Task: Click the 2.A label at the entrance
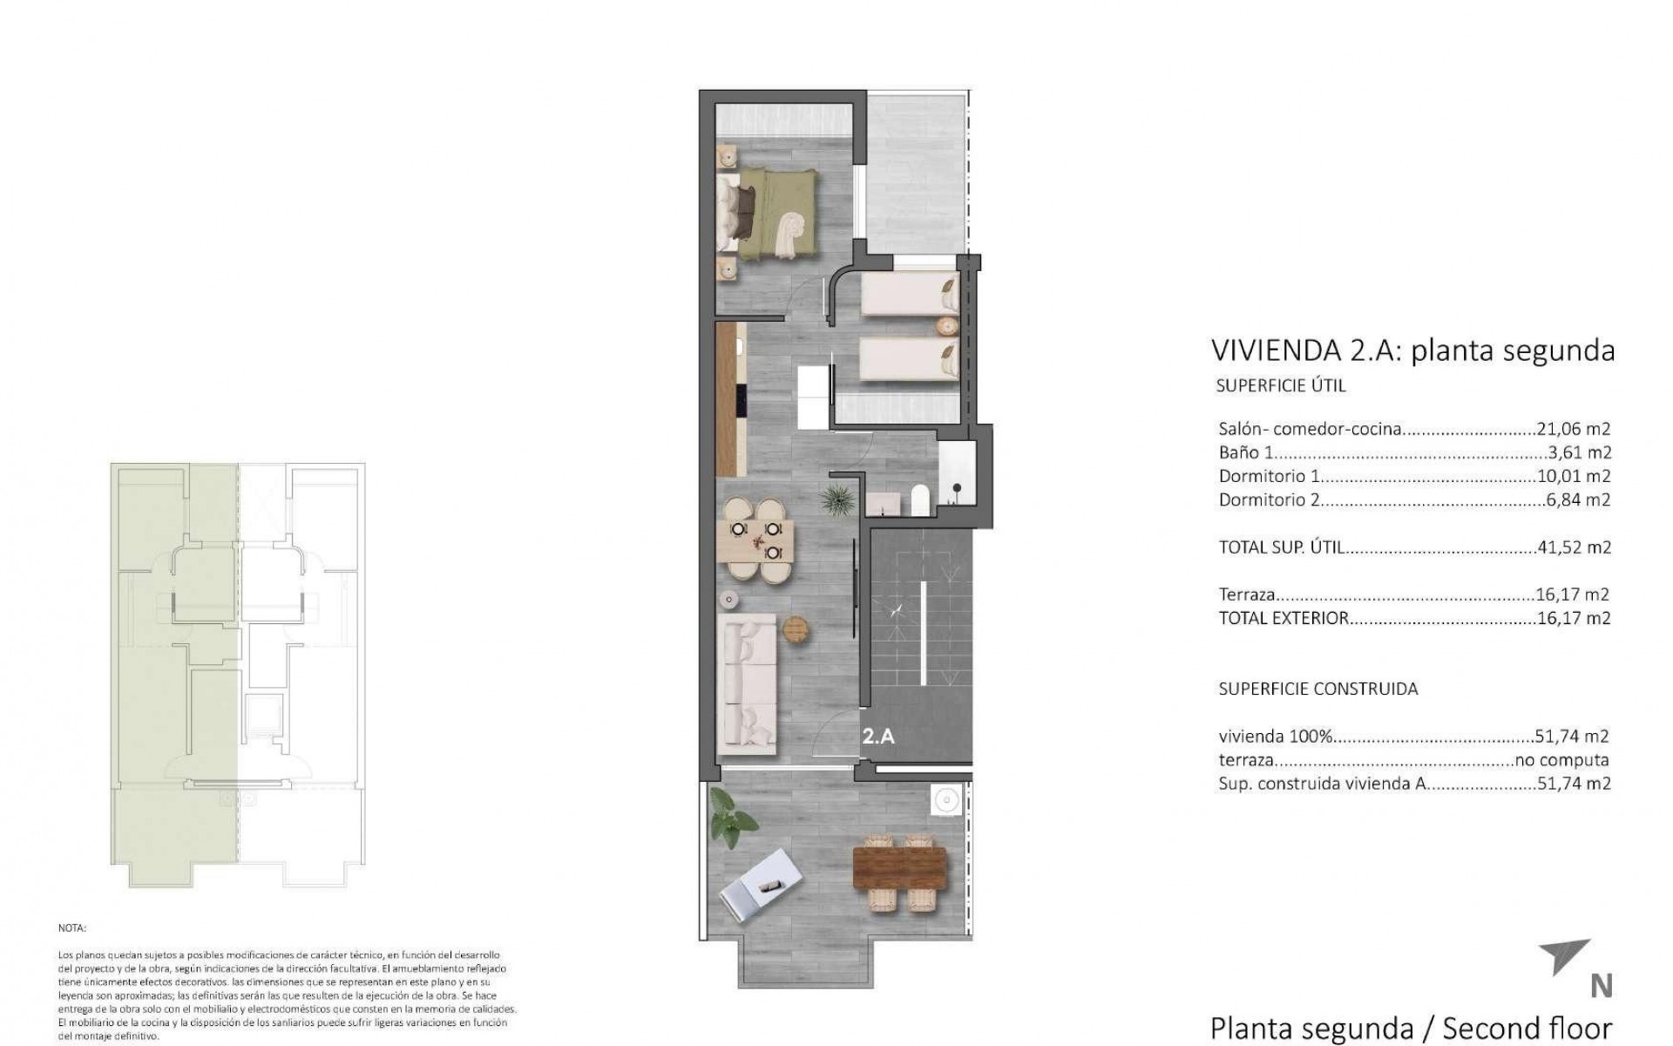878,737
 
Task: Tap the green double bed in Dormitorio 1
767,214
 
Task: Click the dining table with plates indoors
755,540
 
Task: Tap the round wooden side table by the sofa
796,629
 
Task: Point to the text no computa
1562,760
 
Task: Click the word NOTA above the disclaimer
72,929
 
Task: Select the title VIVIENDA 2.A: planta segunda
1412,350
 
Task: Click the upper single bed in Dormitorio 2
910,294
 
